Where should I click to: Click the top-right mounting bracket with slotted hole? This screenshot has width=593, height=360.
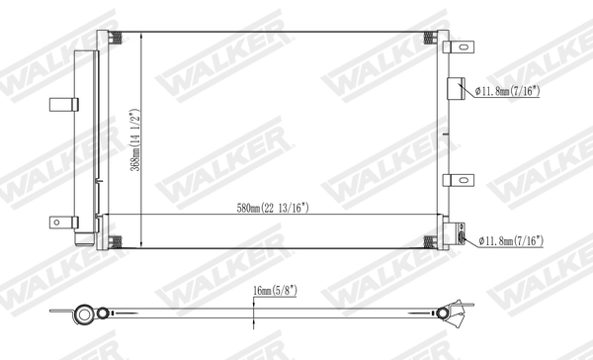pyautogui.click(x=457, y=46)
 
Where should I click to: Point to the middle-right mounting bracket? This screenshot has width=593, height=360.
pyautogui.click(x=457, y=180)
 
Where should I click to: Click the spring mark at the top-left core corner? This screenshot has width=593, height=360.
pyautogui.click(x=117, y=40)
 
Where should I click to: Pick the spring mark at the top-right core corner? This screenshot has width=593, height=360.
pyautogui.click(x=429, y=40)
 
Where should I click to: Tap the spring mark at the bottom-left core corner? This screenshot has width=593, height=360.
pyautogui.click(x=117, y=240)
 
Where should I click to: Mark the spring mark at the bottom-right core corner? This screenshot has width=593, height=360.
pyautogui.click(x=429, y=240)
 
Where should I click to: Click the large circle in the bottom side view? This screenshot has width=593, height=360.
pyautogui.click(x=86, y=316)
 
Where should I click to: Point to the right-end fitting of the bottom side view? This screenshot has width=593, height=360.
pyautogui.click(x=459, y=315)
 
